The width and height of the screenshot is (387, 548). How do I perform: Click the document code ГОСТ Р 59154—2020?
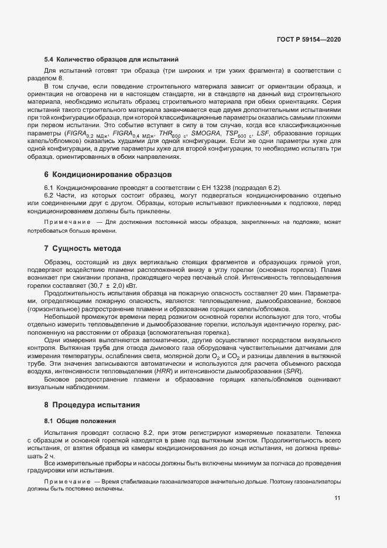[x=308, y=39]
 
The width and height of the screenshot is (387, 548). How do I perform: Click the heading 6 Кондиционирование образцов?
[x=107, y=175]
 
